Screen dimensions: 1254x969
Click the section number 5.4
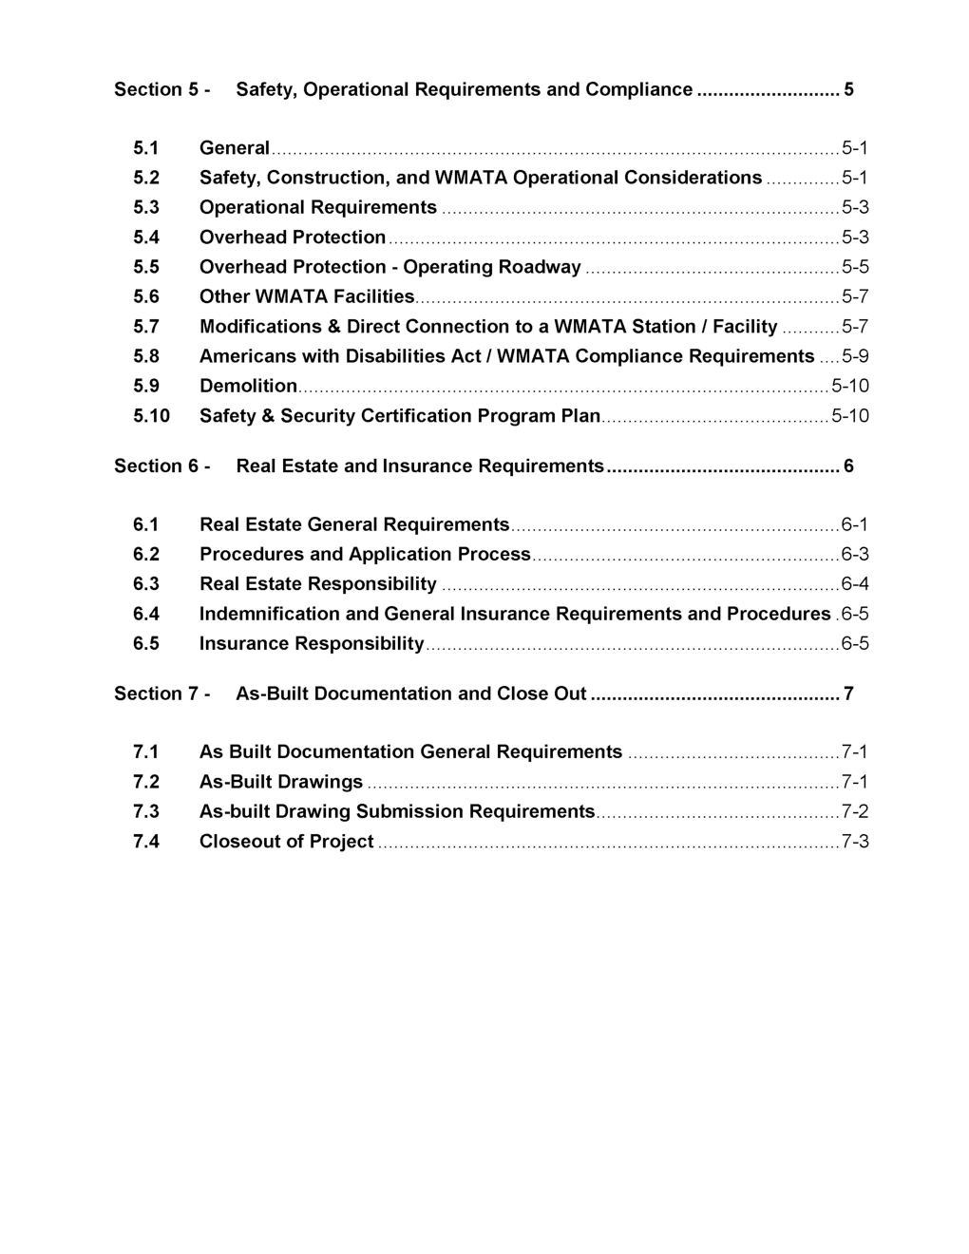pyautogui.click(x=145, y=237)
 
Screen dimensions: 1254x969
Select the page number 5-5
pyautogui.click(x=854, y=267)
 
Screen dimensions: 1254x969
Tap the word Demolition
pyautogui.click(x=248, y=386)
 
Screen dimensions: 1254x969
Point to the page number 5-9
pyautogui.click(x=854, y=356)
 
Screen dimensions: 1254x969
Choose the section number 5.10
pyautogui.click(x=151, y=416)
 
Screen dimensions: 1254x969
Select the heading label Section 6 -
pyautogui.click(x=161, y=466)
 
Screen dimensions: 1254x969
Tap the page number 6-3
pyautogui.click(x=854, y=555)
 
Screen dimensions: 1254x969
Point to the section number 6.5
pyautogui.click(x=145, y=644)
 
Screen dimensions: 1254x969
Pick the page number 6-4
pyautogui.click(x=854, y=584)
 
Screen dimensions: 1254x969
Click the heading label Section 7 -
pyautogui.click(x=161, y=694)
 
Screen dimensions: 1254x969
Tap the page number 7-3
pyautogui.click(x=854, y=842)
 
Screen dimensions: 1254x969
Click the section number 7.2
pyautogui.click(x=145, y=783)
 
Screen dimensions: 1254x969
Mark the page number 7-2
pyautogui.click(x=854, y=812)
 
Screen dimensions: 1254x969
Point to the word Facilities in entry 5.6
pyautogui.click(x=373, y=297)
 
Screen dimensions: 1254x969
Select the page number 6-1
pyautogui.click(x=854, y=525)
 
